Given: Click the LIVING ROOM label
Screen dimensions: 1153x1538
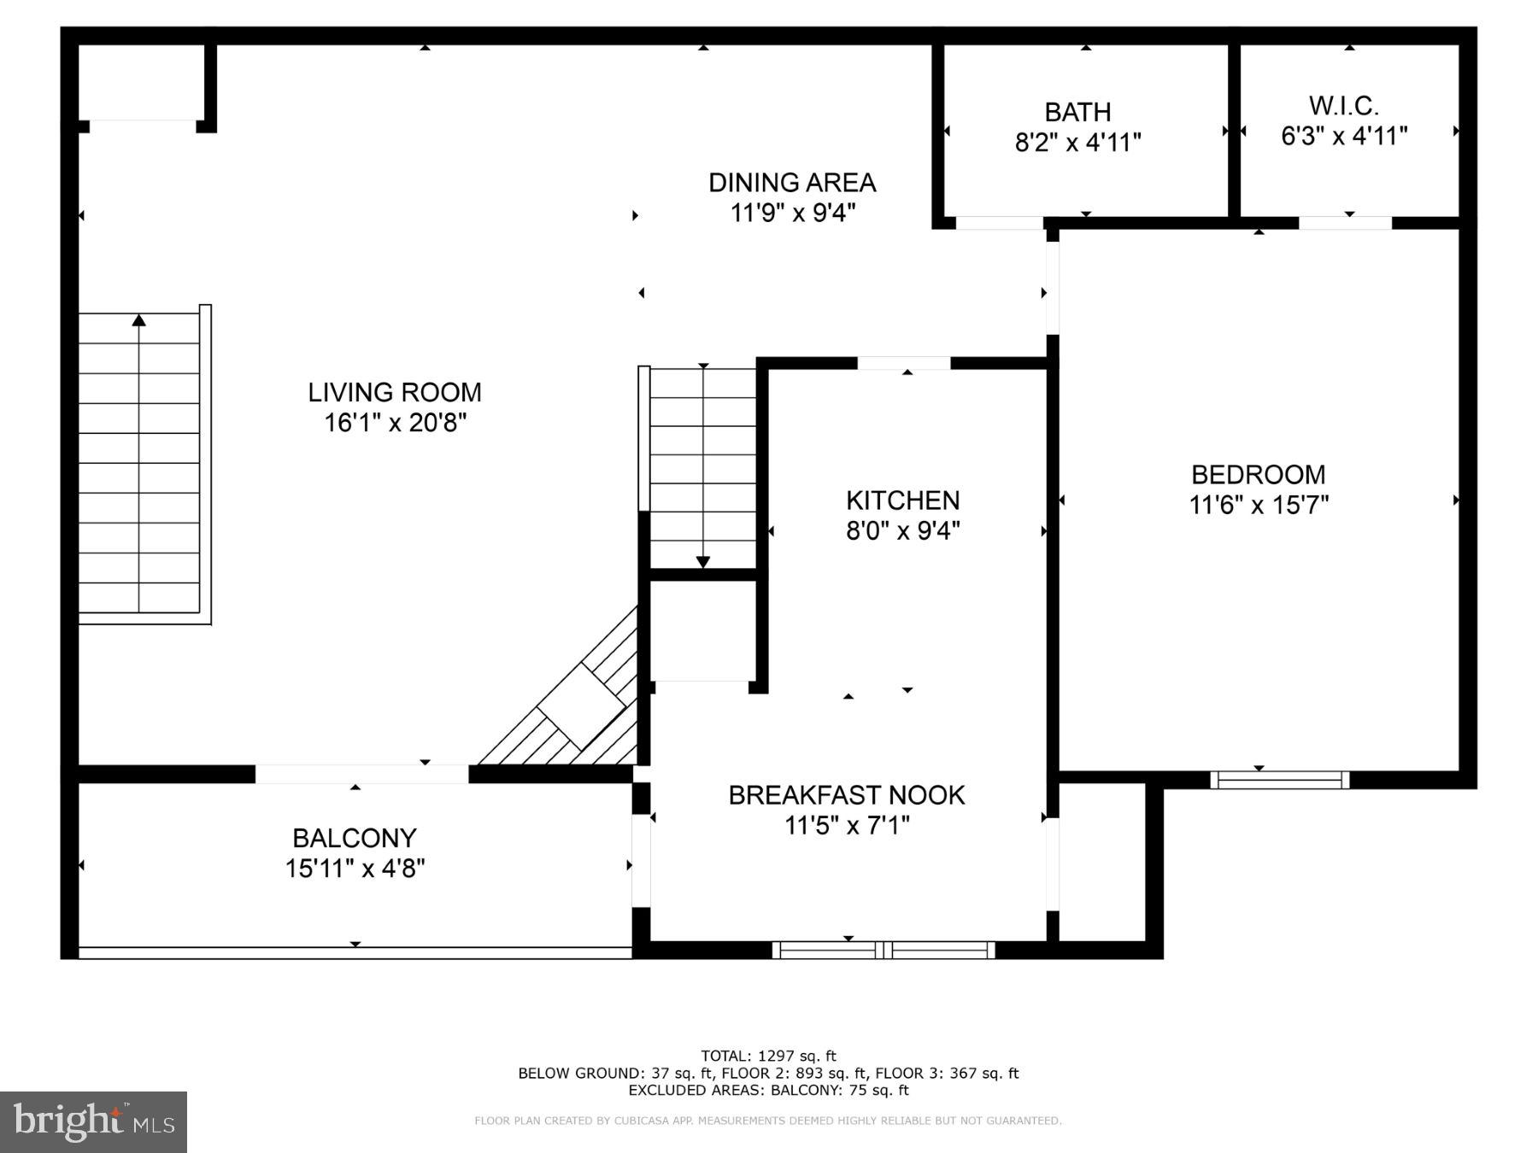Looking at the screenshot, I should point(395,393).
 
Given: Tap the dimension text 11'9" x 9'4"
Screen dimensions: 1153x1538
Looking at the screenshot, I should point(792,213).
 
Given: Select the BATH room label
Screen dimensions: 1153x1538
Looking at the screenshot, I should point(1077,113).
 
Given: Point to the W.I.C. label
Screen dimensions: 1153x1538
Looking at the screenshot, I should point(1343,107).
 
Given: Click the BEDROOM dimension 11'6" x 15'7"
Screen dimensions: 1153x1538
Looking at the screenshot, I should point(1259,506).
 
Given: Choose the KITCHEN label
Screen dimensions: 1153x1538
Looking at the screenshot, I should point(902,500).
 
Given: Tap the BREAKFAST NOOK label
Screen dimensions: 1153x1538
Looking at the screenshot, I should point(846,795).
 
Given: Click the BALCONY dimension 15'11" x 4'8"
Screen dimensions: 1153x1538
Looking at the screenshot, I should point(355,869).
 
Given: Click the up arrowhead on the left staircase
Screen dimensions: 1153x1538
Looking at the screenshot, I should point(138,320).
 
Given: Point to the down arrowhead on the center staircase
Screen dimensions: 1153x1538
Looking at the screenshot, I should point(702,561).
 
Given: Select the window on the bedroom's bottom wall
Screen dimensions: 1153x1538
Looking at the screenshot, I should point(1279,779).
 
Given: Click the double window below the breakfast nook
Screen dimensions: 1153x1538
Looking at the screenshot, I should point(883,950).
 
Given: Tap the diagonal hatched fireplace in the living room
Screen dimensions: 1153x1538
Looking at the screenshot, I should point(581,705).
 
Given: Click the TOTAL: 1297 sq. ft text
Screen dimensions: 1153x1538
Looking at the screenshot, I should point(768,1056).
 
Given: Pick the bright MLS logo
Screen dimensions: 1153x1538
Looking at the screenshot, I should point(93,1121).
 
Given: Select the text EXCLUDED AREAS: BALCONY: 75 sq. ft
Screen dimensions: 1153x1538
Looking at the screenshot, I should point(768,1091).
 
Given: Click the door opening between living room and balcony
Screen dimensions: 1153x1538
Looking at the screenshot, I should point(361,774).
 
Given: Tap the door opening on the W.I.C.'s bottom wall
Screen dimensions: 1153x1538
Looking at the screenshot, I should point(1345,223).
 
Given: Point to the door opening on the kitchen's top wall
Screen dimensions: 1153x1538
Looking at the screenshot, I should point(903,363).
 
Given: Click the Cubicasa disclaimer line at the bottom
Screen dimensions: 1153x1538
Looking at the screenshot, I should point(768,1121).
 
